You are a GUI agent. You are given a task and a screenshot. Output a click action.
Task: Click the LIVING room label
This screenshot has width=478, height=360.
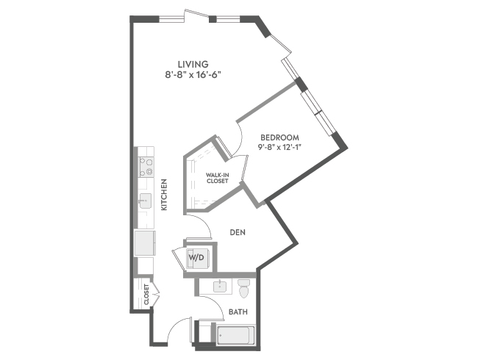(193, 64)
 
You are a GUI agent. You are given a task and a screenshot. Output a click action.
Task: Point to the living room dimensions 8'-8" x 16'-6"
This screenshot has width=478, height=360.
(193, 75)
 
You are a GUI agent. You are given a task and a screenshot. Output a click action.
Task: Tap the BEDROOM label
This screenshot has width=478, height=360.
(279, 137)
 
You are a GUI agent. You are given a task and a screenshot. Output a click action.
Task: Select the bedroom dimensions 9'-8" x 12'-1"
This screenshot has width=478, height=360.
(279, 147)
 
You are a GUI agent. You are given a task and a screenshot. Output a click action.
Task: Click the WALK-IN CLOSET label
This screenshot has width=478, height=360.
(218, 178)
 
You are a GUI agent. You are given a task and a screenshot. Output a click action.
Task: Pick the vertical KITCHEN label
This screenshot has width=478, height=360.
(164, 194)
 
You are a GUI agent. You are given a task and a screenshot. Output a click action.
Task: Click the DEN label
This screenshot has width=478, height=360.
(238, 232)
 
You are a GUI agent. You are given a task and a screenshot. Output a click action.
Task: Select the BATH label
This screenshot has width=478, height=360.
(238, 312)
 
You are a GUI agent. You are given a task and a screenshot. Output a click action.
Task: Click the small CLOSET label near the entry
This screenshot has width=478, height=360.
(146, 294)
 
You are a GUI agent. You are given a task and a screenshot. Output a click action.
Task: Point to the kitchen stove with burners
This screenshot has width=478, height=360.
(146, 167)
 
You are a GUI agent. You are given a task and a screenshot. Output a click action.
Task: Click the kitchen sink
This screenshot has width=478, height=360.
(145, 201)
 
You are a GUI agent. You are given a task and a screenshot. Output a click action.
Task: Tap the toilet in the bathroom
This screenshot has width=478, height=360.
(244, 289)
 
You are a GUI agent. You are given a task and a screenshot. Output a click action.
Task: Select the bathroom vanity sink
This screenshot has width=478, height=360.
(220, 287)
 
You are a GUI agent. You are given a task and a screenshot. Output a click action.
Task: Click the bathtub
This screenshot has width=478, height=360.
(235, 335)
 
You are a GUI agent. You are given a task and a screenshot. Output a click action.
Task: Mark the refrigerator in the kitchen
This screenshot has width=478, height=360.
(145, 243)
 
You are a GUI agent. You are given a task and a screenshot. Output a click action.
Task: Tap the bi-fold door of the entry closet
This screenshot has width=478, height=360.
(156, 294)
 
